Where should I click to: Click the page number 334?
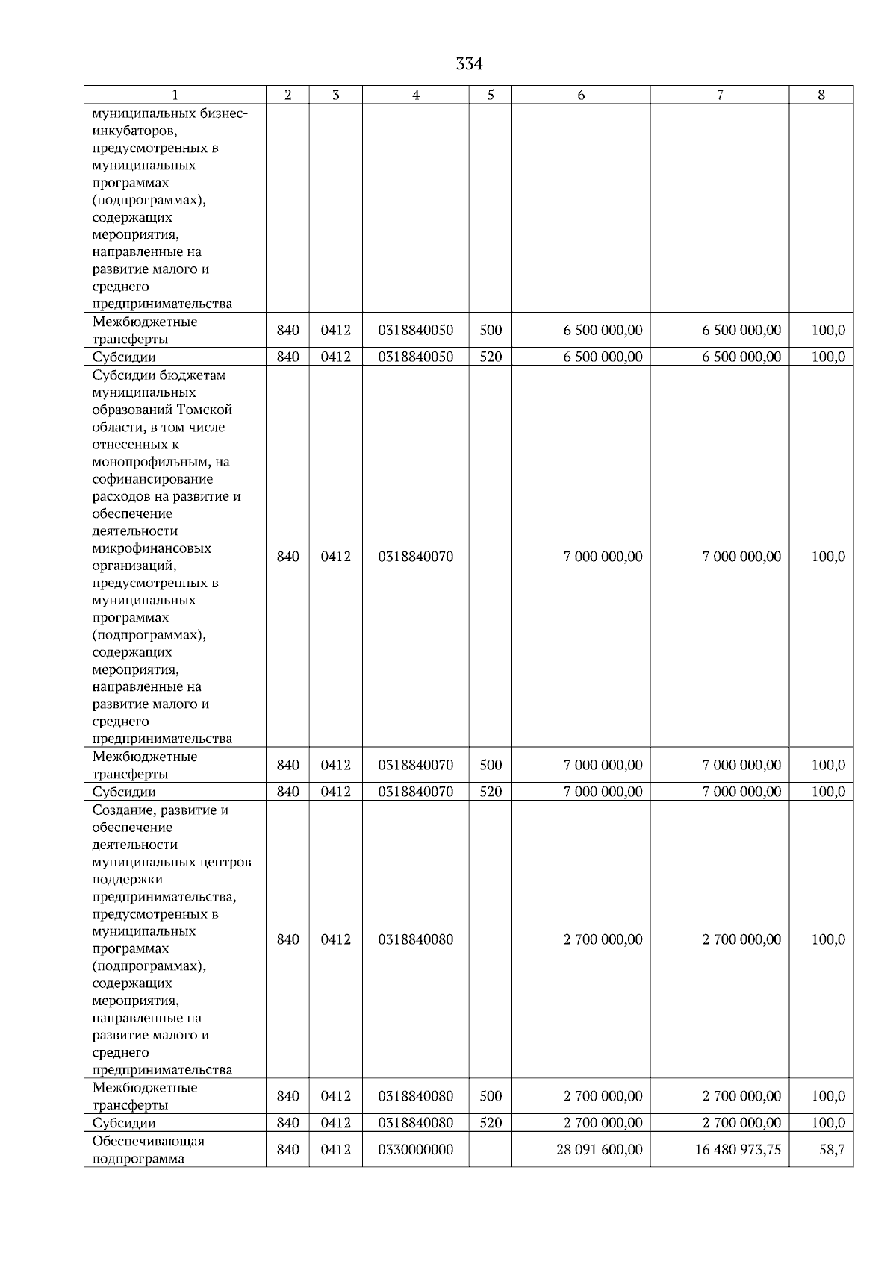[x=469, y=65]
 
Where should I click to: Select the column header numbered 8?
[x=821, y=95]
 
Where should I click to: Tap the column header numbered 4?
[x=416, y=95]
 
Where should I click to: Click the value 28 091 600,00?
[x=599, y=1150]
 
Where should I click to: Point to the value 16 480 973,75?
[x=738, y=1150]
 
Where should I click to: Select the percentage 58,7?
[x=832, y=1150]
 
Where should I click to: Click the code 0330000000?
[x=416, y=1150]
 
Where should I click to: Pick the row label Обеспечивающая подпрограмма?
[x=148, y=1150]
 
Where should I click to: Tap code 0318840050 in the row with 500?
[x=416, y=331]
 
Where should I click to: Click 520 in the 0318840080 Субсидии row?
[x=491, y=1123]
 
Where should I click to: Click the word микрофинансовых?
[x=152, y=548]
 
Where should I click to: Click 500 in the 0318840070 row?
[x=491, y=765]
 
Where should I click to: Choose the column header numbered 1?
[x=175, y=95]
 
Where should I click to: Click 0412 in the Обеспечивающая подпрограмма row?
[x=336, y=1150]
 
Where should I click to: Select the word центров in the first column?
[x=228, y=863]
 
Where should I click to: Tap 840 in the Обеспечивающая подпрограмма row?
[x=288, y=1150]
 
